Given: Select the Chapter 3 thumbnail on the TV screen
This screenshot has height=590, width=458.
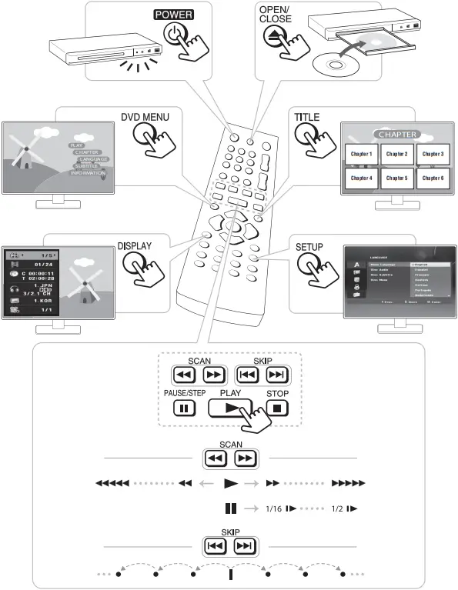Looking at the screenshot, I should coord(432,154).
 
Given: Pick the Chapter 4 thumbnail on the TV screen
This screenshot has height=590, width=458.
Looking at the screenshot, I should coord(361,178).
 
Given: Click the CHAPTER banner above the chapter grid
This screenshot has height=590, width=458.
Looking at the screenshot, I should coord(396,134).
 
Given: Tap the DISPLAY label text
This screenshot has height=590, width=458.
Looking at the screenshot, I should coord(134,247).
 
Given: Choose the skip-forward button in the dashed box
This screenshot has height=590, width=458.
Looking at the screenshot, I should coord(275,375).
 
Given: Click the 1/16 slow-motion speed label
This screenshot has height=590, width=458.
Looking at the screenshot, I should coord(275,508).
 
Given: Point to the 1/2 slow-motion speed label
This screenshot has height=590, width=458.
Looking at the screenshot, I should coord(336,508).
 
